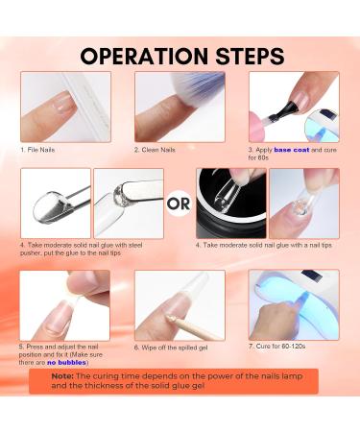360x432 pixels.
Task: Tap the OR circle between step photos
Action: pos(179,204)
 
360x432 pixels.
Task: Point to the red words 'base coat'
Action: pos(292,150)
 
